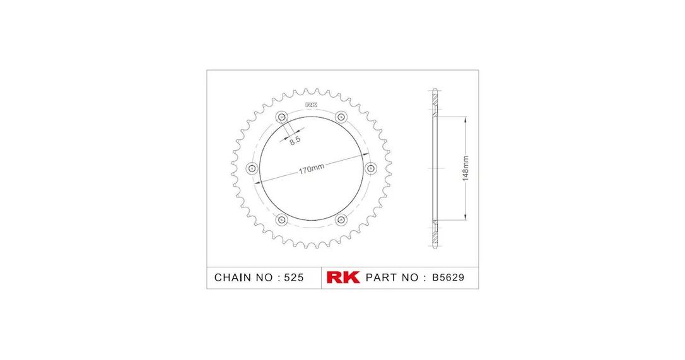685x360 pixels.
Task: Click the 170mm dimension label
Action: tap(312, 168)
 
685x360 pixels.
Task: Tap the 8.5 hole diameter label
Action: tap(295, 140)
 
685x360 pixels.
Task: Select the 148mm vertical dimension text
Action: tap(465, 168)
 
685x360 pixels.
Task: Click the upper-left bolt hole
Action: tap(282, 117)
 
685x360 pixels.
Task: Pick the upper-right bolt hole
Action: tap(341, 117)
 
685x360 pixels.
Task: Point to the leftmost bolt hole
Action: tap(252, 168)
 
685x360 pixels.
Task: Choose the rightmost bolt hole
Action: tap(370, 168)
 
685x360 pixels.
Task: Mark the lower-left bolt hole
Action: tap(282, 219)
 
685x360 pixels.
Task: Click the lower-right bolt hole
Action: tap(341, 219)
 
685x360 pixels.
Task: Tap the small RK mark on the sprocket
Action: tap(311, 105)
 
